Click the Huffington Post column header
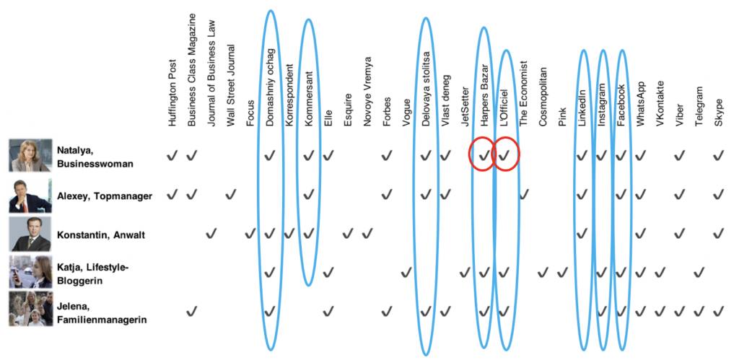click(172, 92)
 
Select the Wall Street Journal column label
click(231, 85)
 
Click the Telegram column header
click(699, 106)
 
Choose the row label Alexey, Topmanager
click(104, 196)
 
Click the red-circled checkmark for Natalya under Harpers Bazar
click(484, 155)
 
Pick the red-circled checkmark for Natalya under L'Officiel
click(504, 155)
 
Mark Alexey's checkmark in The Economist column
click(523, 193)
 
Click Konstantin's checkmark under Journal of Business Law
click(211, 233)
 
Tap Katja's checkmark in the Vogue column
click(406, 272)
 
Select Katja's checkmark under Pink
click(561, 272)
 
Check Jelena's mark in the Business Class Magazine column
click(191, 311)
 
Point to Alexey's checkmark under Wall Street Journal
click(230, 193)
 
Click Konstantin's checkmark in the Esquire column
click(348, 233)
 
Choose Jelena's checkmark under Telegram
click(699, 311)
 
